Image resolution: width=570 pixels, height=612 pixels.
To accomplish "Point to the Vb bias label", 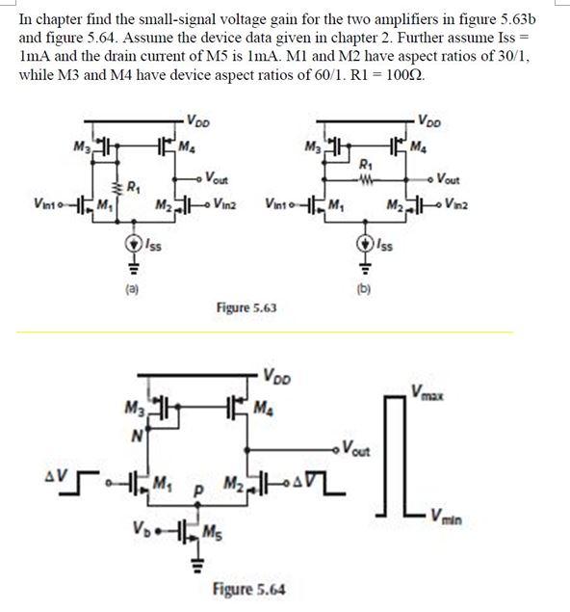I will (x=141, y=529).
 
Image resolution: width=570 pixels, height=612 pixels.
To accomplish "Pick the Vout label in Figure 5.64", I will (x=358, y=448).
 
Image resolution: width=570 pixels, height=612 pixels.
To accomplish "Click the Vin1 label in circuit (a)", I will (x=46, y=203).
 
